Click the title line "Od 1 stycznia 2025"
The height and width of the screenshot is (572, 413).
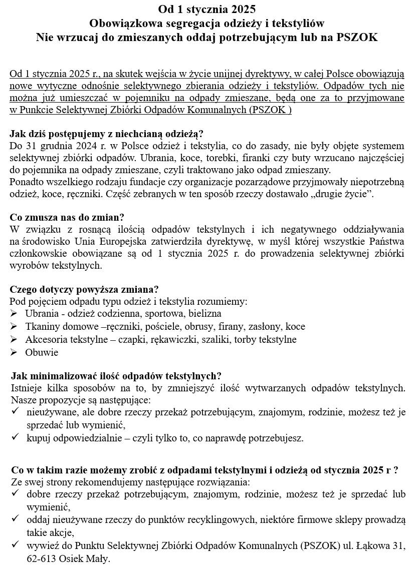point(206,9)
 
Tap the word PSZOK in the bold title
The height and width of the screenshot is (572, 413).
point(355,38)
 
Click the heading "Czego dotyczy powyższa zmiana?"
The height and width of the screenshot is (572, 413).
point(84,289)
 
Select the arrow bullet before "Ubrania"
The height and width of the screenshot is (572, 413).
point(14,314)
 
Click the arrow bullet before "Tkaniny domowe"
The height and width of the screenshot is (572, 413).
point(14,327)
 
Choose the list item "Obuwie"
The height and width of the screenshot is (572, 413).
point(42,353)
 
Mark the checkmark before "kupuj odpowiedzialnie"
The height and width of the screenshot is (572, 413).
point(16,438)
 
